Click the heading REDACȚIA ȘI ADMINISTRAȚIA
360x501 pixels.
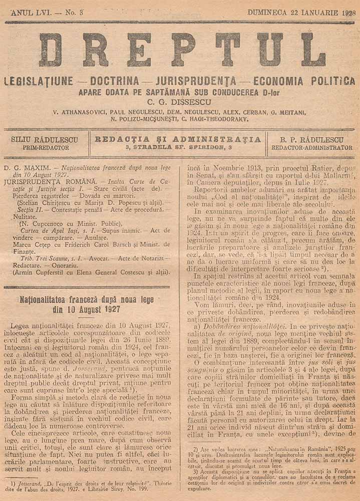pos(178,139)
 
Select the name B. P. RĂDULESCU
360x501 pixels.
pos(312,140)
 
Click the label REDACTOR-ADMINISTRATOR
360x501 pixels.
pos(312,148)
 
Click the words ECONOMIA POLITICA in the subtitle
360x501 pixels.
pos(304,81)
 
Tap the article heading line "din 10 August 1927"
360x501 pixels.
pos(86,309)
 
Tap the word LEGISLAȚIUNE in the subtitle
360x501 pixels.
pos(38,81)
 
